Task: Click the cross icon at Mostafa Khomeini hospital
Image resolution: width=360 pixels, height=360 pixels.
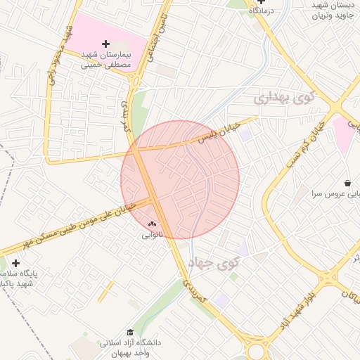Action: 105,44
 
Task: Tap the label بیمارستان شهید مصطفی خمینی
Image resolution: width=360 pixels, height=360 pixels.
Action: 106,59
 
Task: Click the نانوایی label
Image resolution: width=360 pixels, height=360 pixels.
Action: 153,235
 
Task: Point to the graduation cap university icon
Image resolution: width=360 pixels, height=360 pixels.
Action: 130,332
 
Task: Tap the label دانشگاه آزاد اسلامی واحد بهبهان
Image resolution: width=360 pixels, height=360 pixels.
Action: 130,347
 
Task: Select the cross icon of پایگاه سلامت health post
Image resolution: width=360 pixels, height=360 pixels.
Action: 15,263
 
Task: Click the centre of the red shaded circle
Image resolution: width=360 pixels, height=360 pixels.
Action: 180,179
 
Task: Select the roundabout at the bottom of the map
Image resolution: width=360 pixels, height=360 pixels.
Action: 257,349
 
